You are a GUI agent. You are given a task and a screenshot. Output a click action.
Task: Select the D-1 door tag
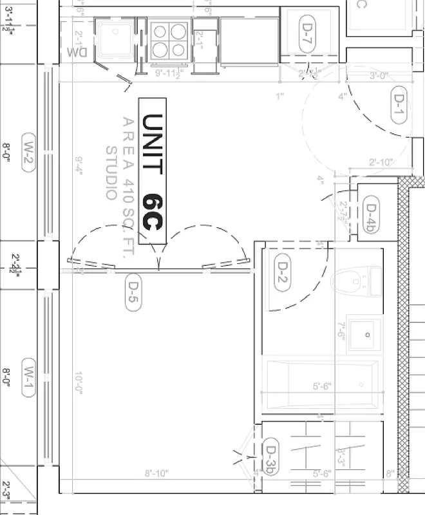399,105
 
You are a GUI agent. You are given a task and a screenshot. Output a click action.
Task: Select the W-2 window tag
30,153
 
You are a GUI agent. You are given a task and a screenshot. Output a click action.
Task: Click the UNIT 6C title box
153,171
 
